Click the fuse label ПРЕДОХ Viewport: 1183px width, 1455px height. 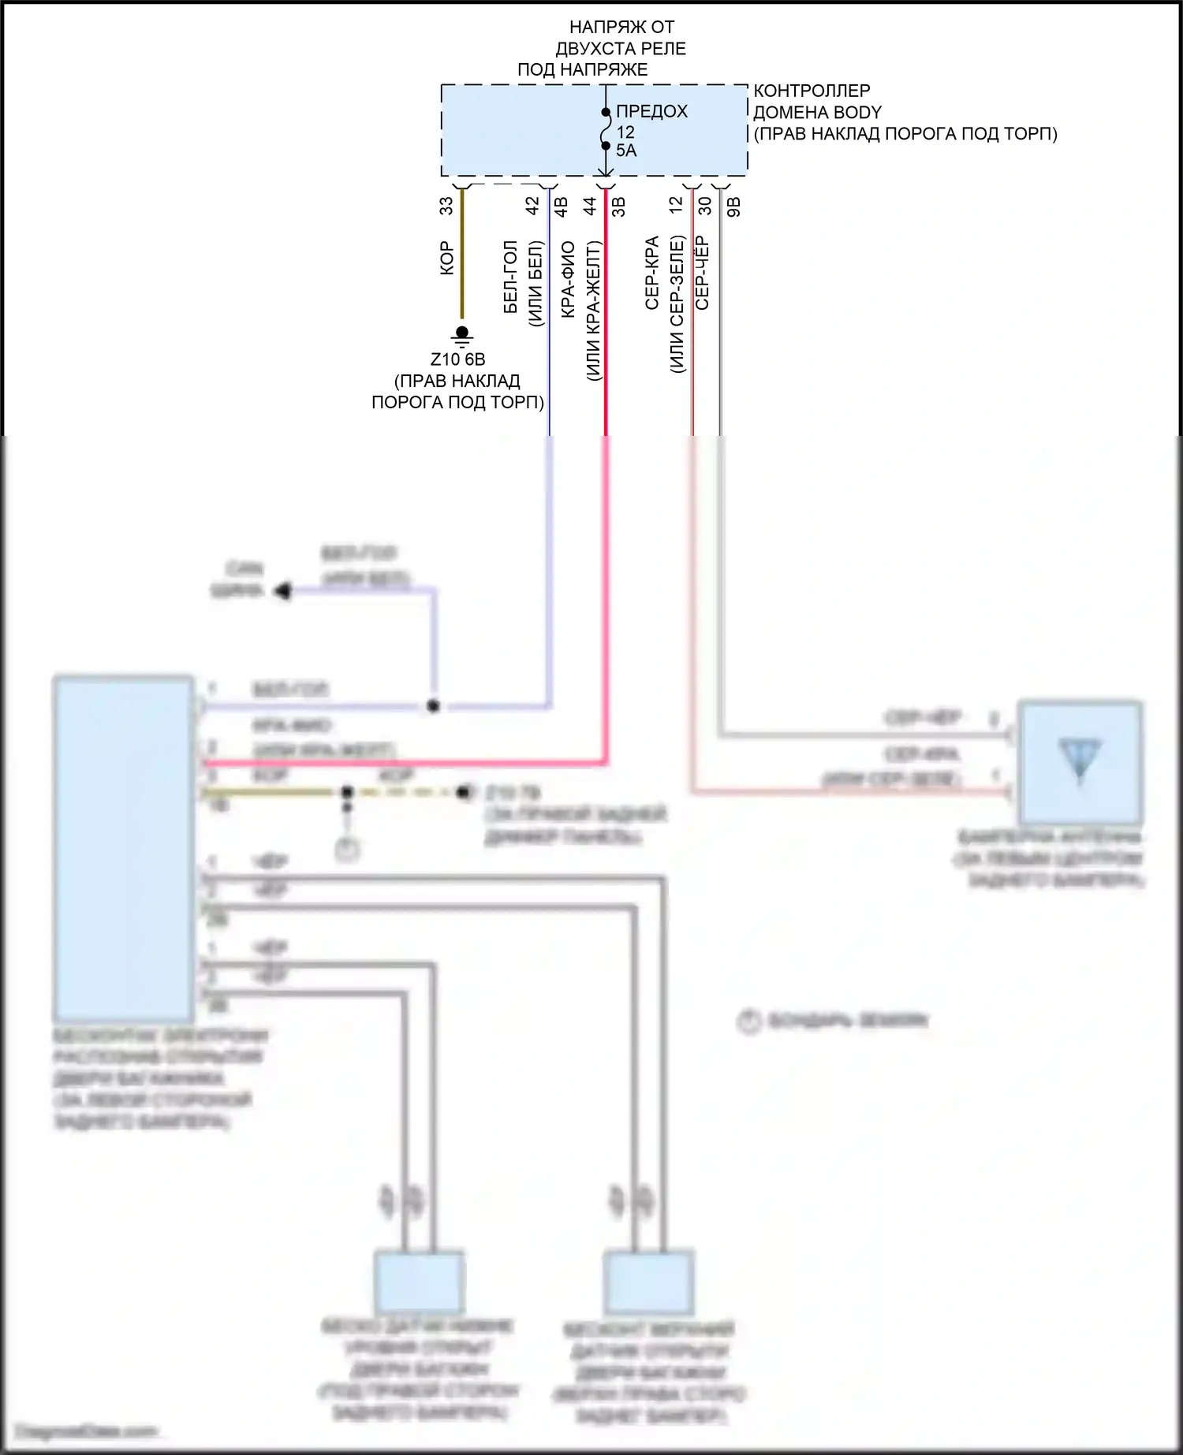[x=651, y=111]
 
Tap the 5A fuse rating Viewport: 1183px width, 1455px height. [x=626, y=151]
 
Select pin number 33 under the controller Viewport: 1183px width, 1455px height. [x=446, y=206]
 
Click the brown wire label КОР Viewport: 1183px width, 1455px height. [x=446, y=258]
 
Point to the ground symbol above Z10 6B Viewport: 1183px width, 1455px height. [x=462, y=335]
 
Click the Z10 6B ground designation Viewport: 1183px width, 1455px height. [x=457, y=359]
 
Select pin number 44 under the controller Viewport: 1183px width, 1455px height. [x=590, y=206]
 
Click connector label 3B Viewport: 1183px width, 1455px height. [x=619, y=207]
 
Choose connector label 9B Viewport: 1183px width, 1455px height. [x=733, y=207]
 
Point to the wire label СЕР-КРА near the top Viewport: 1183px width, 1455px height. [x=652, y=273]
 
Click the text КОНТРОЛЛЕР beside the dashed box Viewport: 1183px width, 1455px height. [x=812, y=91]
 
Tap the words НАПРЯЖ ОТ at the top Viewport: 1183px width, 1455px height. [x=621, y=28]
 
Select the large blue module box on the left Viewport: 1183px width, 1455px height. [x=124, y=848]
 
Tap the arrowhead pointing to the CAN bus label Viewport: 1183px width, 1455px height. [x=282, y=590]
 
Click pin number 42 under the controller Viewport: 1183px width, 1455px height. [x=532, y=206]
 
